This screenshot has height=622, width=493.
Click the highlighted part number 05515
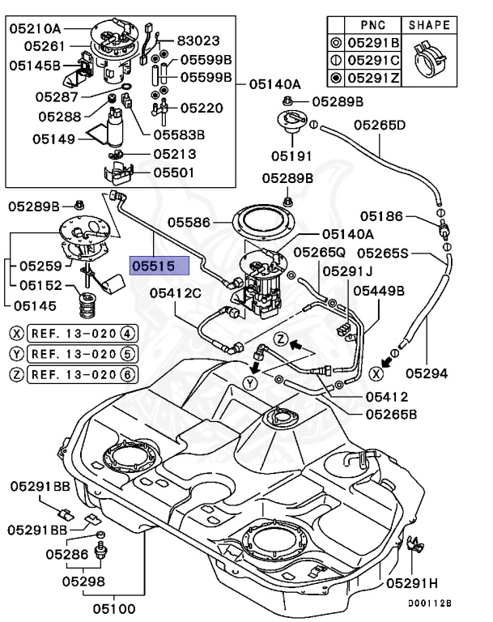coord(160,265)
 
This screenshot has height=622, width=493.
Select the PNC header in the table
coord(376,24)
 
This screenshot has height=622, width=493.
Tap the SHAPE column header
coord(428,24)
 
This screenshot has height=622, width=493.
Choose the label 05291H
coord(413,582)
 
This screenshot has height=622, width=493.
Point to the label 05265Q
coord(319,252)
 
